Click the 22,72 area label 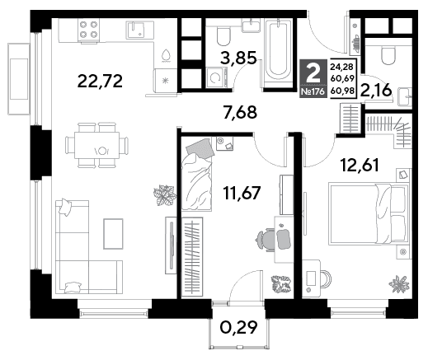coord(100,82)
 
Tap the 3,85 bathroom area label coord(239,58)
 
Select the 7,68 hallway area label coord(240,112)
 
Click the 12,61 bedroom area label coord(360,165)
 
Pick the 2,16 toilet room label coord(376,91)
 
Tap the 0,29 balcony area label coord(239,327)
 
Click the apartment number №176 coord(313,91)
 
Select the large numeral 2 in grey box coord(313,73)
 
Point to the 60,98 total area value coord(342,90)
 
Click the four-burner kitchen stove coord(88,30)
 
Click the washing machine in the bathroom coord(217,78)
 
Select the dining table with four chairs coord(96,145)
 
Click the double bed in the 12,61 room coord(369,214)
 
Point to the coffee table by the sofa coord(113,234)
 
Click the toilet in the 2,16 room coord(388,55)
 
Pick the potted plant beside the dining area coord(165,195)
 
